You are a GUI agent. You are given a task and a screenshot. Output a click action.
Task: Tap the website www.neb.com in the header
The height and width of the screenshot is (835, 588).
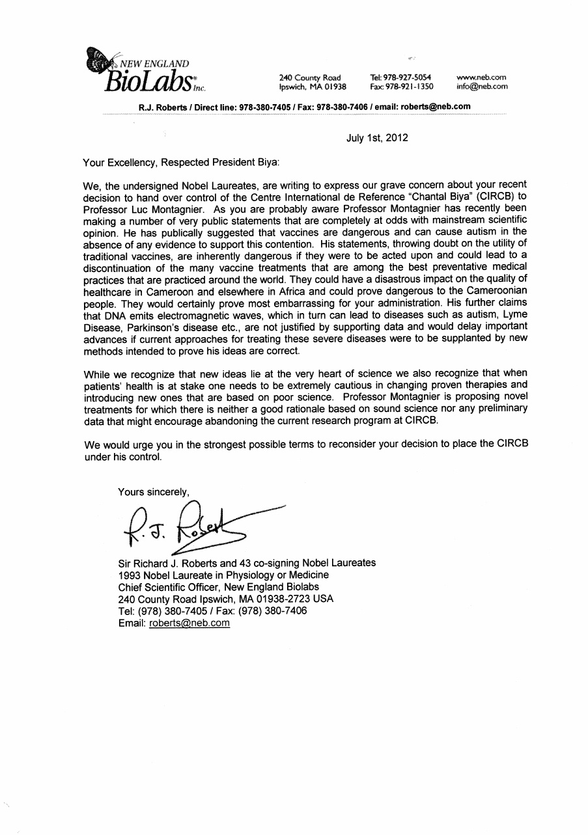click(x=482, y=77)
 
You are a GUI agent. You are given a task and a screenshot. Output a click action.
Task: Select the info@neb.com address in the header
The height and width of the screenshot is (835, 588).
click(x=482, y=86)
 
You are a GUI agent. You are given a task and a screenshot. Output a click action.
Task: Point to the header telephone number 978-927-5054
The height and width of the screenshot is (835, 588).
click(x=401, y=77)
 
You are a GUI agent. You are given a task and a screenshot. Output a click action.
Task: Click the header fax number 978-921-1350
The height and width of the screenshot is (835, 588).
click(x=401, y=86)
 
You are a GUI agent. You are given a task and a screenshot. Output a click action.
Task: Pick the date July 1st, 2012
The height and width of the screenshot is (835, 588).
click(x=377, y=137)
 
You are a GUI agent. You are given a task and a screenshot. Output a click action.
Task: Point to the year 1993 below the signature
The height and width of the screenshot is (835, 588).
click(x=130, y=575)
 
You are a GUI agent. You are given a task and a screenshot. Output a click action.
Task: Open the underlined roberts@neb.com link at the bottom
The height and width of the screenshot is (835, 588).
click(x=189, y=623)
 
